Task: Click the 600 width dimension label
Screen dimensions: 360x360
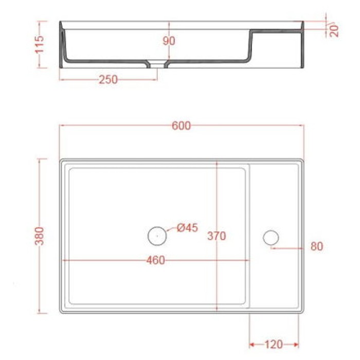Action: point(182,125)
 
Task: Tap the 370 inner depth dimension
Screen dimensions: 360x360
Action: point(217,236)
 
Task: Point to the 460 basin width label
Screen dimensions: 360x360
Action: point(155,261)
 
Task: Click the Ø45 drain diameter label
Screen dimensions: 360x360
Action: point(187,228)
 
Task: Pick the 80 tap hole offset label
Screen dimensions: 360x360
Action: point(317,247)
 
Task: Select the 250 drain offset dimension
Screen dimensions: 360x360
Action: point(108,79)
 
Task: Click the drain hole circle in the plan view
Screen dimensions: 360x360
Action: point(156,236)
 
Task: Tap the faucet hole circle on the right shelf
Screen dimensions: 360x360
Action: point(271,237)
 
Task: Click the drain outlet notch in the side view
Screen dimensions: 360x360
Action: point(157,64)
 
